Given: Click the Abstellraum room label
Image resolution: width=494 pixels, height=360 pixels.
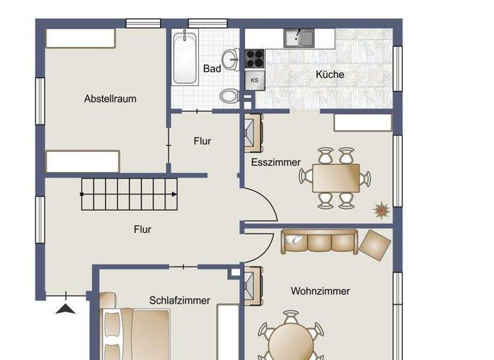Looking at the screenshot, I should click(x=110, y=99).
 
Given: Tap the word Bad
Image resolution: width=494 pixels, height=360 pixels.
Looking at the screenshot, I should click(x=212, y=69).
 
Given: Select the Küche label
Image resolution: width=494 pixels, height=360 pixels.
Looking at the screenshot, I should click(x=329, y=75).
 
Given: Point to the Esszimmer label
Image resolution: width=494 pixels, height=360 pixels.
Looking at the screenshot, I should click(x=275, y=163).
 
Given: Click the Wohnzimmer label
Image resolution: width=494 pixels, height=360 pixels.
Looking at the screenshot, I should click(x=320, y=291).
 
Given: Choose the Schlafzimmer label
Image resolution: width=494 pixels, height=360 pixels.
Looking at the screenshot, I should click(x=179, y=300).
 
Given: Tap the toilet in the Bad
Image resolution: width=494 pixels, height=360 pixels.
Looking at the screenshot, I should click(x=228, y=96).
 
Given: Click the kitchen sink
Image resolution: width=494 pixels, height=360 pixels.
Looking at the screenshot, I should click(x=299, y=39).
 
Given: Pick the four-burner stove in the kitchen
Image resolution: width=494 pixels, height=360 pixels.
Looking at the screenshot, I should click(x=255, y=58).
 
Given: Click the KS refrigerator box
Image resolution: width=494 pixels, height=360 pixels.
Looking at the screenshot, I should click(x=255, y=80).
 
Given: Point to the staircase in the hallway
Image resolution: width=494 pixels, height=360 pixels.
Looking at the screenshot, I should click(x=129, y=188).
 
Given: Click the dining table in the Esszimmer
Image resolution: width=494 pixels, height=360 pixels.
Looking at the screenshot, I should click(x=336, y=178).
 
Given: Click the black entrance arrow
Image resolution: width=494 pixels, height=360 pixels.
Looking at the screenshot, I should click(x=66, y=309).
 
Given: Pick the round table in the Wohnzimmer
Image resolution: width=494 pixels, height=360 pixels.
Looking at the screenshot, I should click(x=291, y=341).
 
